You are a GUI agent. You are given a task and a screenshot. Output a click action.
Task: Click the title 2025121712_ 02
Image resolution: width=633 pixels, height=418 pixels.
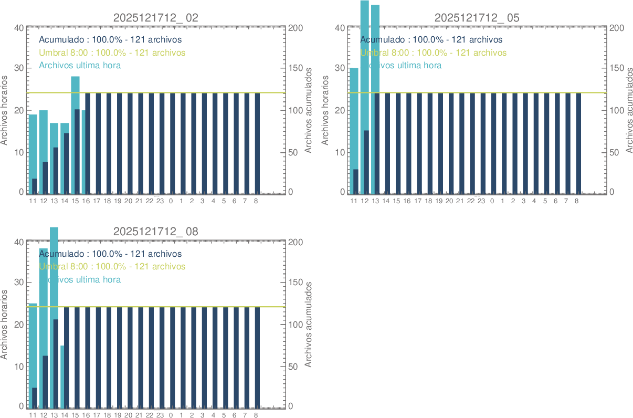tap(156, 17)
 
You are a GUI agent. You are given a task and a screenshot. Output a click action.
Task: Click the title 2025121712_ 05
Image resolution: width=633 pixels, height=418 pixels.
tap(477, 17)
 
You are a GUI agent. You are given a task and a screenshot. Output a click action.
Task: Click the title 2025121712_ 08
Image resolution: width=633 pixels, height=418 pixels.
tap(156, 232)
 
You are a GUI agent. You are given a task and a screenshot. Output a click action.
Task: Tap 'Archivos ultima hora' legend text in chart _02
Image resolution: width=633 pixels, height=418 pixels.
tap(80, 65)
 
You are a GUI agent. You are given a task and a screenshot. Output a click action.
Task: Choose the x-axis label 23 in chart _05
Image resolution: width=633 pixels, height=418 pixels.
tap(481, 201)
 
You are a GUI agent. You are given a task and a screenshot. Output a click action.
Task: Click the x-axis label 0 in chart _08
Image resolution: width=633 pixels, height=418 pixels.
tap(171, 415)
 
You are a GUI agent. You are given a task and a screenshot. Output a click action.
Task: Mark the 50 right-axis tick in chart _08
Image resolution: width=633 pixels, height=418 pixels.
tap(294, 367)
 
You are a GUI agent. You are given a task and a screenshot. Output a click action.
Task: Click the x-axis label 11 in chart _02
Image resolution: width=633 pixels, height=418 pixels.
tap(33, 201)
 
